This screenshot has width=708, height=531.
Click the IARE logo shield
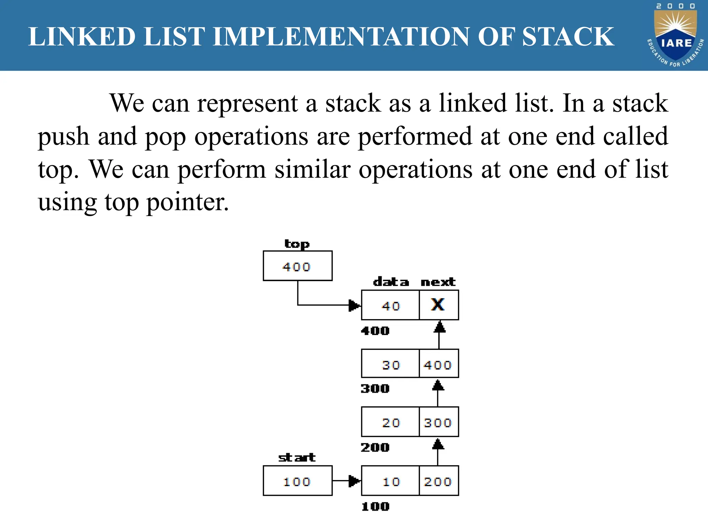pos(676,38)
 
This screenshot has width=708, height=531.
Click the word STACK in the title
pos(568,37)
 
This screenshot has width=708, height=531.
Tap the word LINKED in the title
pos(82,37)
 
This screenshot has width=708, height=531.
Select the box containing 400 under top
pos(297,266)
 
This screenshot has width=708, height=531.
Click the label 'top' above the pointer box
pos(297,244)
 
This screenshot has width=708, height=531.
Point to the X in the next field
pos(438,305)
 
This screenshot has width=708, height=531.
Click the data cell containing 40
pos(391,306)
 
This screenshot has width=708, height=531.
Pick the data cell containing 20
pos(391,422)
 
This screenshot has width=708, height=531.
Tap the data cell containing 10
pos(391,481)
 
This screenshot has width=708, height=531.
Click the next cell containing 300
pos(438,422)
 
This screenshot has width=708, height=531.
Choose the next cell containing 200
pos(438,481)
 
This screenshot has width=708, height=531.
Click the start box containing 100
pos(297,481)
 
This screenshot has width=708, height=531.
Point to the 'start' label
pos(297,458)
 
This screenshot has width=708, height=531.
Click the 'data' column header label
pos(391,282)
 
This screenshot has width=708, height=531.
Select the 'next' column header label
pos(438,282)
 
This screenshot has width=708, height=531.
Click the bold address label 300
pos(375,389)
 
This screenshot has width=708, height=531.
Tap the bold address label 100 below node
pos(375,506)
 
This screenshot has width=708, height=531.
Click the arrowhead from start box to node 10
pos(354,481)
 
